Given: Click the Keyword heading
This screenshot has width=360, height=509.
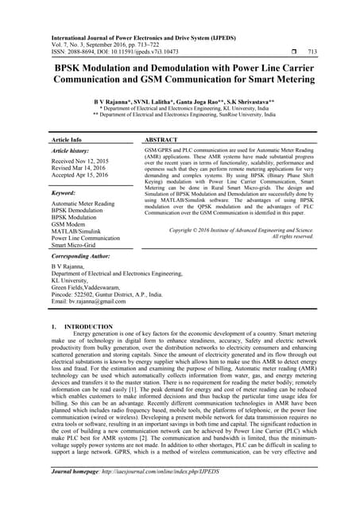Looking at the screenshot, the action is tap(63, 192).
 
